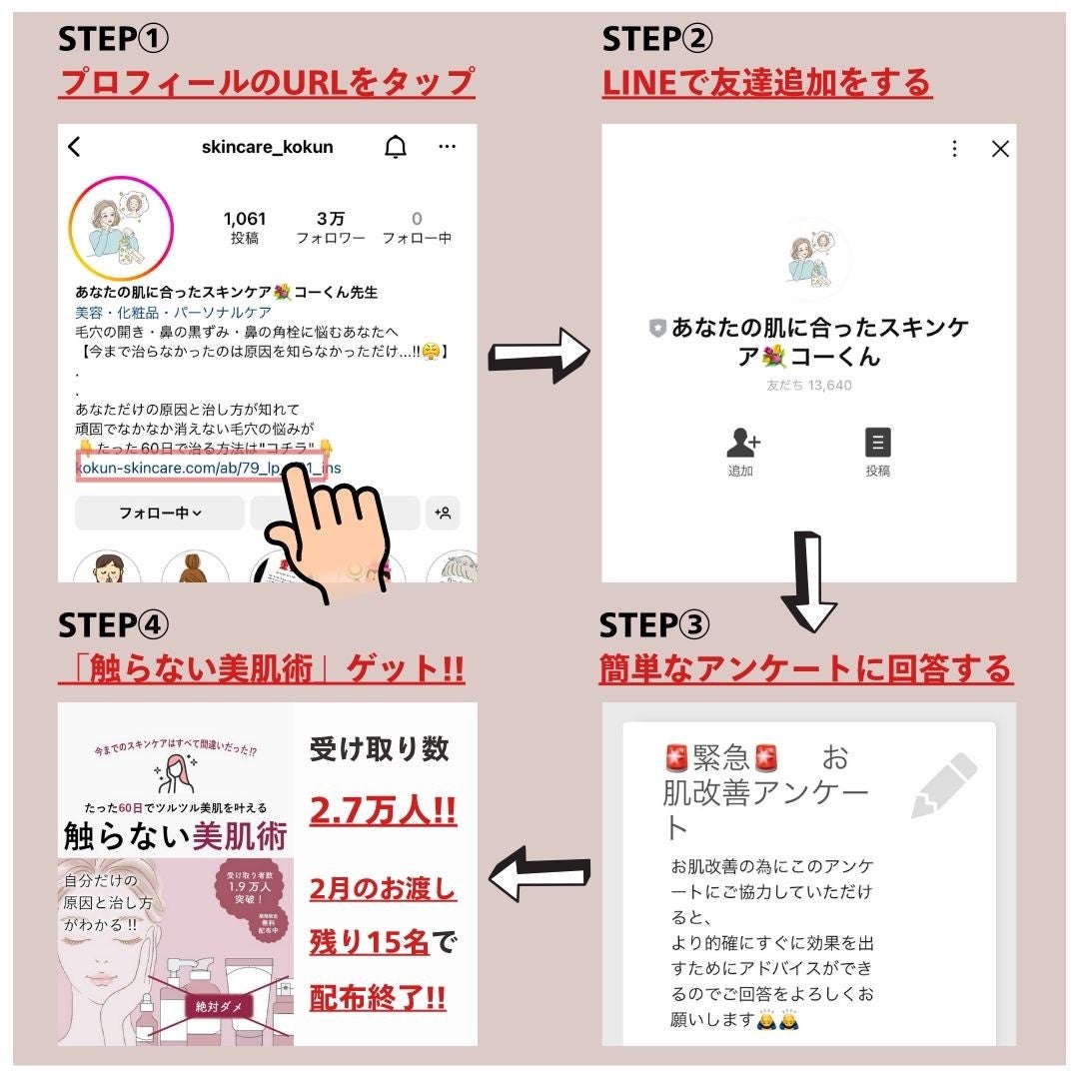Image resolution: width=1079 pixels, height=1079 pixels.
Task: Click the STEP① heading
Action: tap(114, 39)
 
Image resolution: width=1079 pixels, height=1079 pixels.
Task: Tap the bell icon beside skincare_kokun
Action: tap(396, 147)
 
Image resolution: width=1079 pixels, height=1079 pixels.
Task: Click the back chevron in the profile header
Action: tap(74, 147)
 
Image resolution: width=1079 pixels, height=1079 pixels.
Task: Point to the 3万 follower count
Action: tap(331, 219)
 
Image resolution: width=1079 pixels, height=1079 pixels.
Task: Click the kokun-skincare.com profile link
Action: tap(200, 467)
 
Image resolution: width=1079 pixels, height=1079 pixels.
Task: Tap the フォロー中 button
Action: tap(160, 514)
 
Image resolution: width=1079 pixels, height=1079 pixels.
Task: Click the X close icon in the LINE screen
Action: tap(1000, 149)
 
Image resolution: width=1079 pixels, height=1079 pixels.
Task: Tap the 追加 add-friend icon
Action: tap(741, 442)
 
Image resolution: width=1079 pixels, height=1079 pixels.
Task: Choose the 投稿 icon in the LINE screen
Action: tap(878, 443)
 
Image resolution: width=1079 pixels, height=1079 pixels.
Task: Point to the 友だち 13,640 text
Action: tap(808, 385)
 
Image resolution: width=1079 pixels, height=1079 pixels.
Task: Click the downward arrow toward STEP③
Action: tap(808, 581)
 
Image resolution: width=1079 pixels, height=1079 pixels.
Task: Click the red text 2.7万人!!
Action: tap(383, 810)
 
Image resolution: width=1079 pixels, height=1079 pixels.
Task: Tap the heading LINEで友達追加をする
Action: tap(766, 83)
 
